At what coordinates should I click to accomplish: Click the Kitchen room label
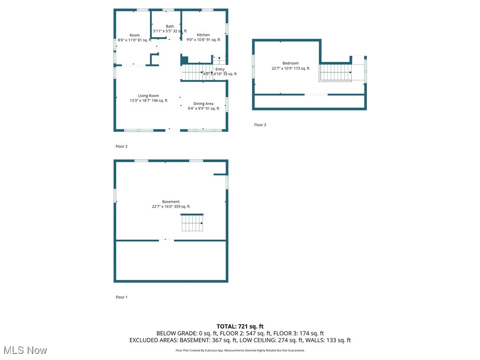coord(203,35)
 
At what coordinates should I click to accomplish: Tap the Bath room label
coord(170,26)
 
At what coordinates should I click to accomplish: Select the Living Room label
coord(148,96)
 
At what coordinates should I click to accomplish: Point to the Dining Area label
coord(203,104)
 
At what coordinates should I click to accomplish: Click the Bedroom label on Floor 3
coord(290,63)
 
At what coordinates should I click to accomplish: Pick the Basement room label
coord(171,202)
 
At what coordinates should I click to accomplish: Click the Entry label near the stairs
coord(220,69)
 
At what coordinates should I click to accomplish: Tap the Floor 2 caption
coord(121,146)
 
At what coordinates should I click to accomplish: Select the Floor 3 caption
coord(260,125)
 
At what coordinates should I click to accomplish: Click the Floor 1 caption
coord(121,297)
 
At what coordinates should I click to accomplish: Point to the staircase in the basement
coord(192,223)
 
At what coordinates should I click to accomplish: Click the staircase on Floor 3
coord(336,73)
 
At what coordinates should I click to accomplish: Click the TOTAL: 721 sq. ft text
coord(240,326)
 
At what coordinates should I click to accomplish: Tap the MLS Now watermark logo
coord(25,350)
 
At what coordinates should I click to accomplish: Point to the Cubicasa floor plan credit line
coord(240,351)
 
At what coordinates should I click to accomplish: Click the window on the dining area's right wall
coord(227,104)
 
